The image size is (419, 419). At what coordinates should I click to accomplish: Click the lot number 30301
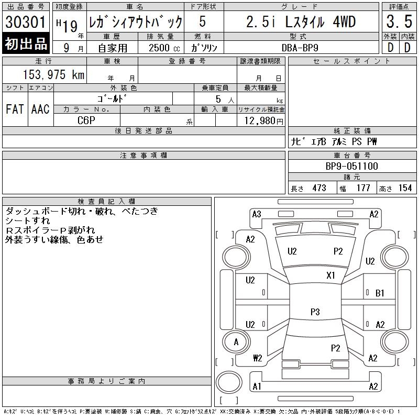[x=25, y=22]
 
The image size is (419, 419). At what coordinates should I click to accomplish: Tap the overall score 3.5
[x=399, y=21]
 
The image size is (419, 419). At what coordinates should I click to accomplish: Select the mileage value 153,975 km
[x=53, y=74]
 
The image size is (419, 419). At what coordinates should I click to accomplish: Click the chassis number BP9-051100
[x=351, y=166]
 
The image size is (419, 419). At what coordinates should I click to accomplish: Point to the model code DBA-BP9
[x=300, y=48]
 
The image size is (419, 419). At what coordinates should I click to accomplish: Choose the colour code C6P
[x=86, y=120]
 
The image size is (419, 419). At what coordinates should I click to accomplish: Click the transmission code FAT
[x=15, y=109]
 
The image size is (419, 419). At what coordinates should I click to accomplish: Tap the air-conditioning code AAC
[x=40, y=109]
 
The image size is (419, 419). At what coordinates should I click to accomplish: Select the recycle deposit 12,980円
[x=264, y=120]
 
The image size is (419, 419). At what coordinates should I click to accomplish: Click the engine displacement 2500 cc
[x=164, y=48]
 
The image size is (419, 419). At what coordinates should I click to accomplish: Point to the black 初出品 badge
[x=26, y=43]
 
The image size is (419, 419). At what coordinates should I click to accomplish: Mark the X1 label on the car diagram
[x=330, y=275]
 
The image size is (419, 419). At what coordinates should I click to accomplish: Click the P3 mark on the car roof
[x=315, y=312]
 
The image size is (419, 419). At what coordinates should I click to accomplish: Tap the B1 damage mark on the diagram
[x=380, y=293]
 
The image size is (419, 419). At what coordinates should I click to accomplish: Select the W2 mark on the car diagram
[x=257, y=358]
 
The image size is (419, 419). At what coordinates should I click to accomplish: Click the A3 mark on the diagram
[x=257, y=214]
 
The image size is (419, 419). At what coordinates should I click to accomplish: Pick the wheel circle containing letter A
[x=236, y=342]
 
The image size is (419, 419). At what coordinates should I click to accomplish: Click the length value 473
[x=319, y=188]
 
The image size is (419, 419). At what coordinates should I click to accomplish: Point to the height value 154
[x=405, y=188]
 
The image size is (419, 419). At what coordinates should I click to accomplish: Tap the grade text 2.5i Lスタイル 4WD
[x=301, y=21]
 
